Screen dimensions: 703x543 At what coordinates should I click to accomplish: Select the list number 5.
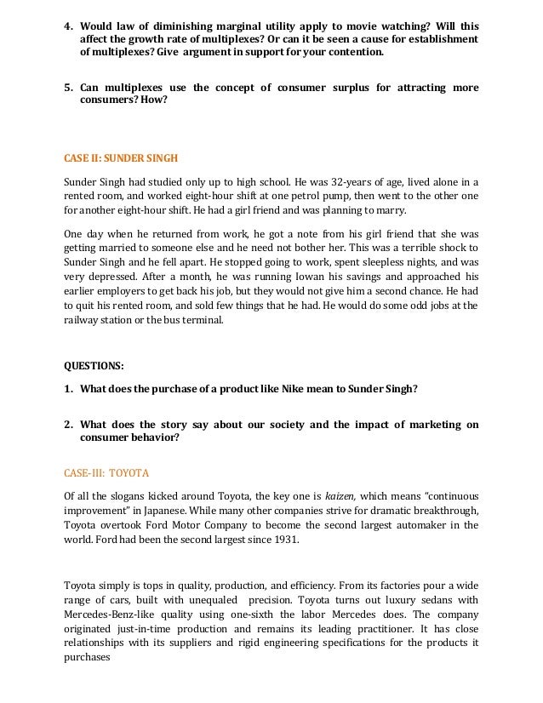click(70, 87)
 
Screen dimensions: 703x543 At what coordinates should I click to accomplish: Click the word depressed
click(106, 276)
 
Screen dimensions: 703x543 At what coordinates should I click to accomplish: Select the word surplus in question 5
click(340, 87)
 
